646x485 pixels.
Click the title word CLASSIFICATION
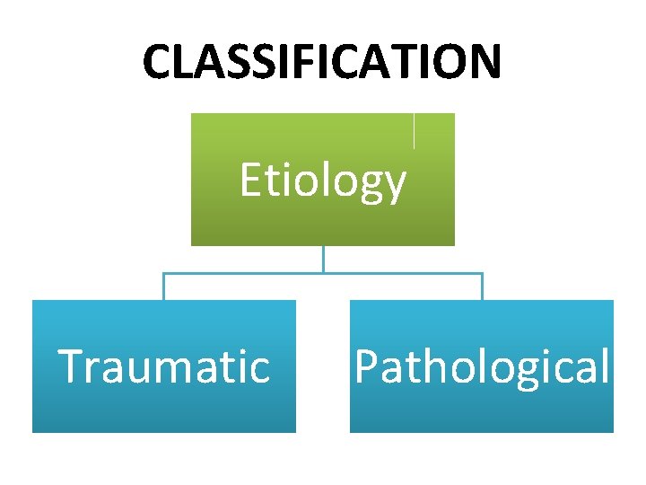tap(322, 62)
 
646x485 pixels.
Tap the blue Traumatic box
tap(163, 404)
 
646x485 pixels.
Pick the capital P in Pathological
tap(365, 366)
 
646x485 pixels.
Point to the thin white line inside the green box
tap(414, 130)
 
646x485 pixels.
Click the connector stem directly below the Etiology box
tap(323, 259)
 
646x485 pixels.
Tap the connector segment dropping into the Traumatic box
tap(163, 287)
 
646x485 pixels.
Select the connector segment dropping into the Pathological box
tap(482, 287)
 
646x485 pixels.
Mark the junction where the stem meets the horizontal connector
tap(323, 273)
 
